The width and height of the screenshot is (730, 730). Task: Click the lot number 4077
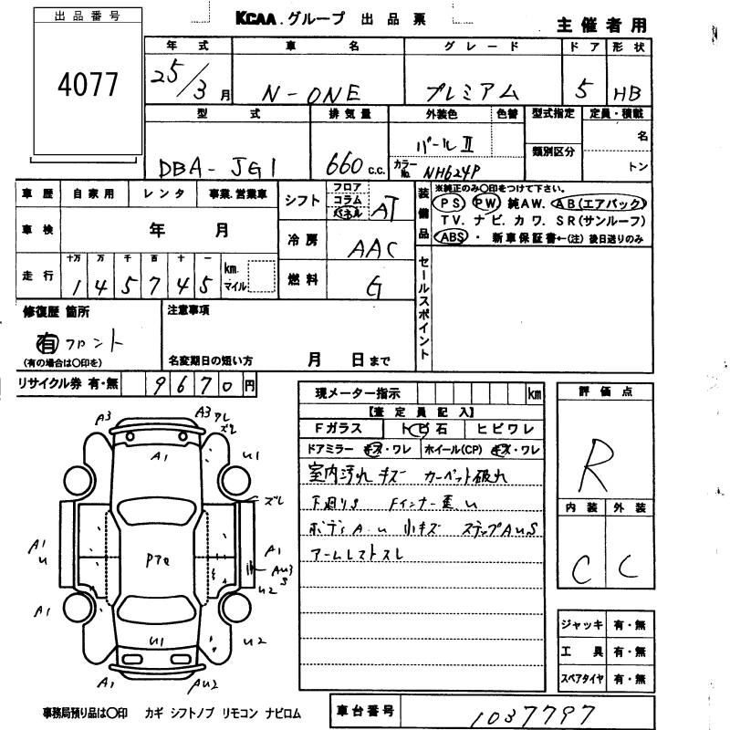click(88, 84)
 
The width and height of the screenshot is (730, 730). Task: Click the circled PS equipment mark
click(447, 203)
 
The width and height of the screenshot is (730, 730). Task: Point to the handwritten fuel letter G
click(373, 287)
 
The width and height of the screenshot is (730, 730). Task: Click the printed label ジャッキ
click(582, 625)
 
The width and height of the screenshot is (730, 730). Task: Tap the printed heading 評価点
click(605, 391)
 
